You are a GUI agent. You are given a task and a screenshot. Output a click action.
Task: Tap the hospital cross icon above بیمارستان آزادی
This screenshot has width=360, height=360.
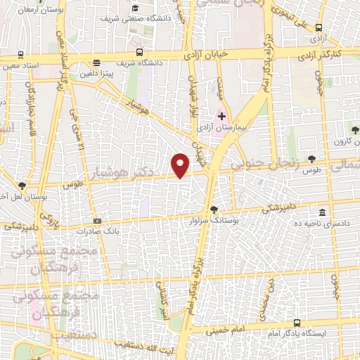(222, 116)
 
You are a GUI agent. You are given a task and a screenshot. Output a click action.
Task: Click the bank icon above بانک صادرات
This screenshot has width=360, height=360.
(97, 221)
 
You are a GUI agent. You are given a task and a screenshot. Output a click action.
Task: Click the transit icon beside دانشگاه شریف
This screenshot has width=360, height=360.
(139, 52)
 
